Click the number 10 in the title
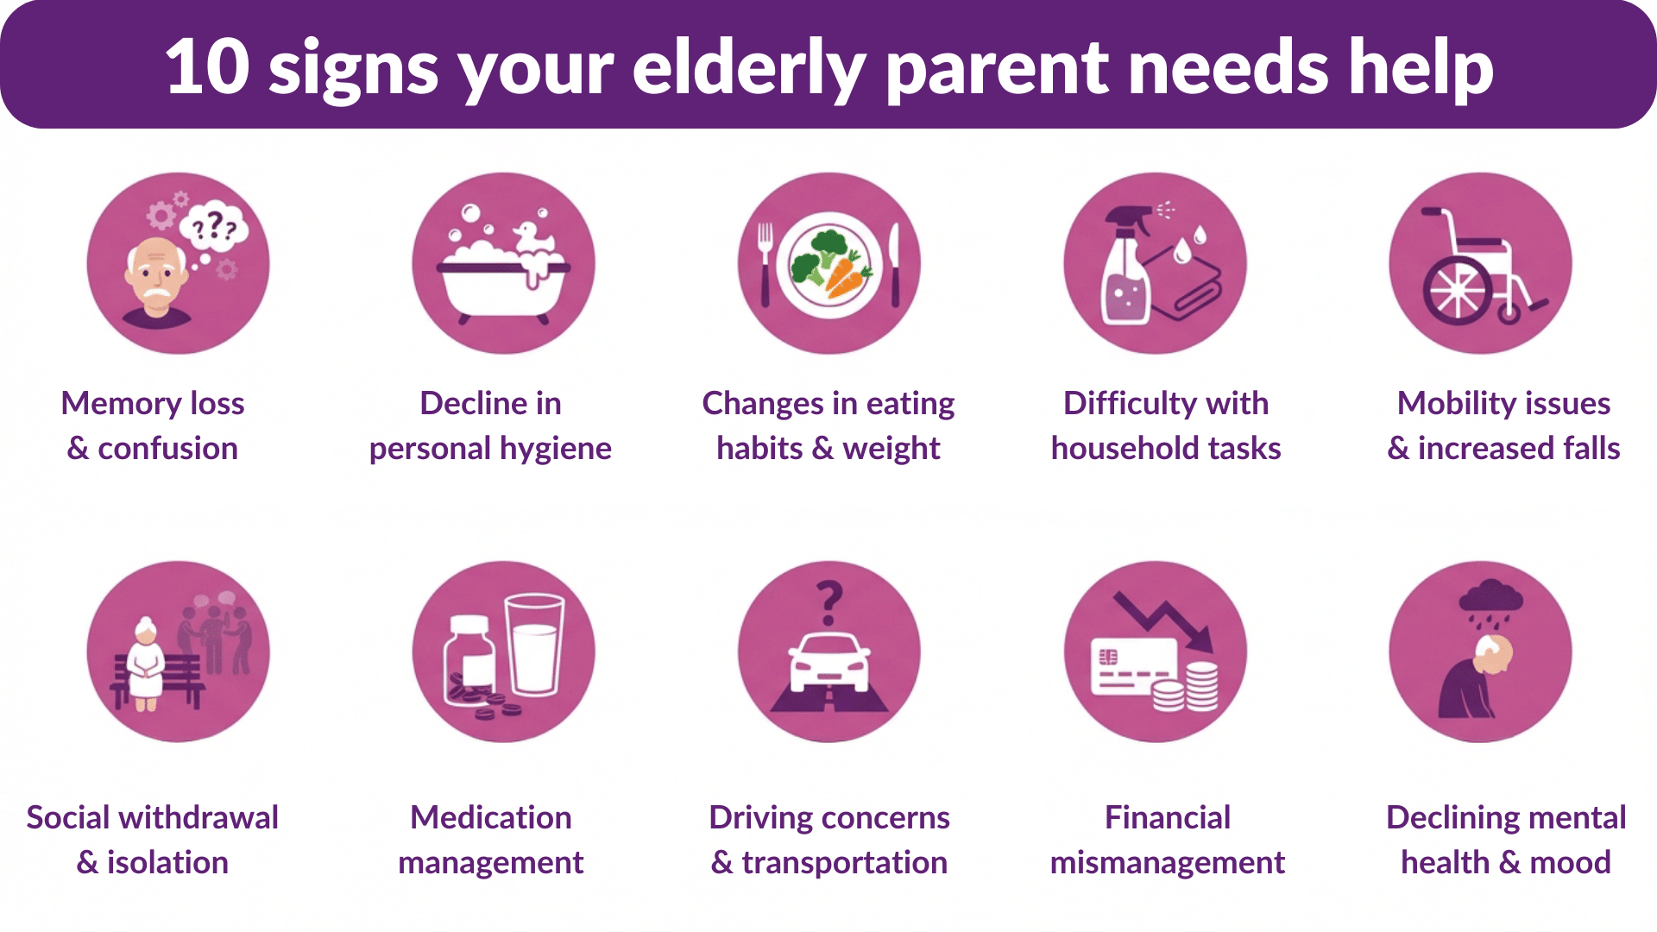tap(207, 67)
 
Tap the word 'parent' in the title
tap(997, 72)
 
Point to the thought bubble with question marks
tap(213, 227)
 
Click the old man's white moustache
tap(156, 294)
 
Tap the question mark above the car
tap(829, 602)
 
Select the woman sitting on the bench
tap(145, 663)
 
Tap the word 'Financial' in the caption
tap(1168, 817)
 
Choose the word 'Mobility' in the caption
tap(1452, 404)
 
